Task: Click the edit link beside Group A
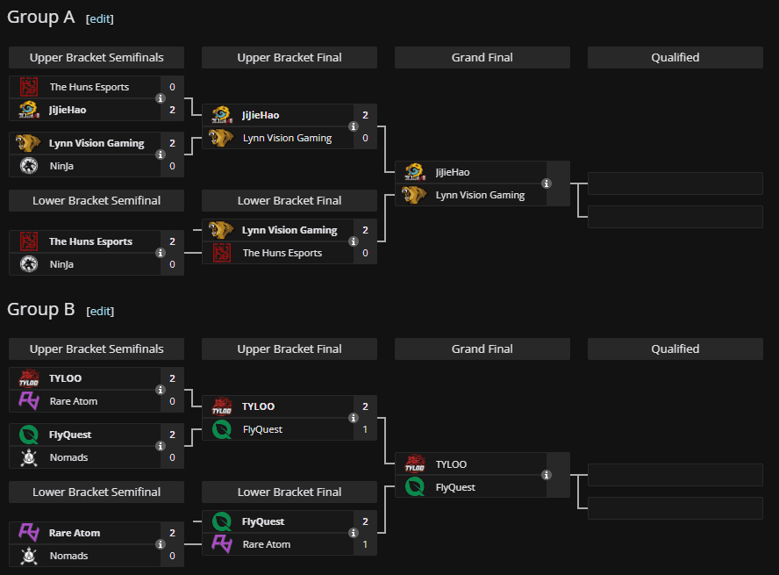tap(100, 19)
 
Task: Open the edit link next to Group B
tap(100, 311)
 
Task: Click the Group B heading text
tap(41, 309)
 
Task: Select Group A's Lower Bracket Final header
tap(289, 201)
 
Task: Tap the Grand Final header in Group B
tap(482, 349)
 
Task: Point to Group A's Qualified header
tap(675, 58)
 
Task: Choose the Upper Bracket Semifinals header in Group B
tap(96, 349)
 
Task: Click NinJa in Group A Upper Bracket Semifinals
tap(61, 166)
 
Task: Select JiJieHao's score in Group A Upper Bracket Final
tap(365, 115)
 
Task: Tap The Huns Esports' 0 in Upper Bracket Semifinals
tap(173, 87)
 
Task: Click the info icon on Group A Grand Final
tap(547, 183)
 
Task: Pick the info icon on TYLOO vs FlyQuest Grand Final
tap(547, 475)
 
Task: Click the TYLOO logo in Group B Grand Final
tap(415, 464)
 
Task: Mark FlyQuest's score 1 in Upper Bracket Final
tap(365, 429)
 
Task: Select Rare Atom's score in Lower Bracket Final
tap(365, 544)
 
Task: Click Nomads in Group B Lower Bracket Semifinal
tap(68, 556)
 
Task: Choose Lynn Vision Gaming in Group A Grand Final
tap(480, 195)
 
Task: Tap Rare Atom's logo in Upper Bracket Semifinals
tap(28, 401)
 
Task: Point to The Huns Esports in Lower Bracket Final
tap(282, 253)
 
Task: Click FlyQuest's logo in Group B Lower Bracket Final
tap(222, 521)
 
